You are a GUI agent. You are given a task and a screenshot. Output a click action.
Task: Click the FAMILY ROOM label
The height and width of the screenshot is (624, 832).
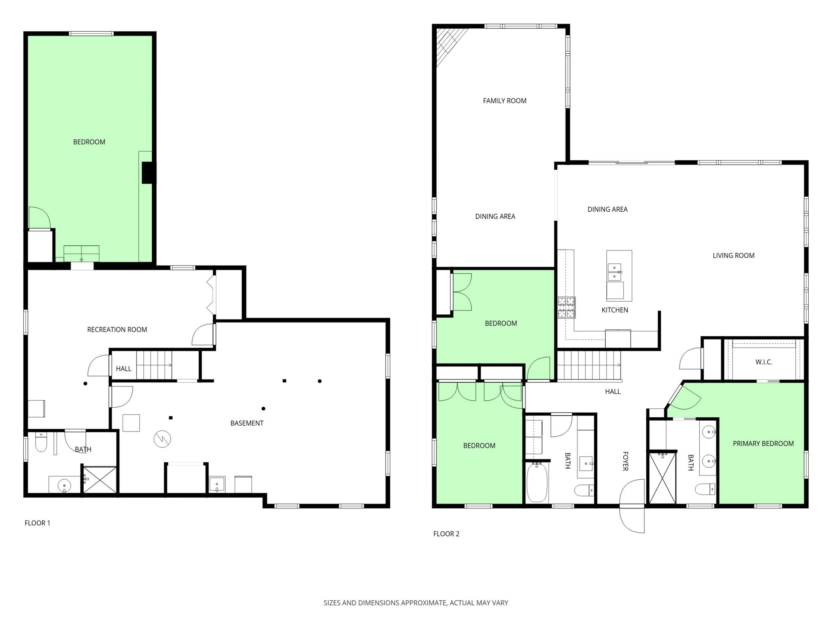pos(505,101)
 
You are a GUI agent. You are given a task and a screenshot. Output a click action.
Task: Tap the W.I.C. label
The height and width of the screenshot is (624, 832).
pos(763,362)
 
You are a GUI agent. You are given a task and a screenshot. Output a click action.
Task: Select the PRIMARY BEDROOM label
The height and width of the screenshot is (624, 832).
pos(763,444)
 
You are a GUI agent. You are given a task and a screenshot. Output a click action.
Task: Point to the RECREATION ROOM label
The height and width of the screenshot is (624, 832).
pos(117,329)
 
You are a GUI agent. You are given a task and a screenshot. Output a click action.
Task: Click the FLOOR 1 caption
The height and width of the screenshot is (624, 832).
pos(37,523)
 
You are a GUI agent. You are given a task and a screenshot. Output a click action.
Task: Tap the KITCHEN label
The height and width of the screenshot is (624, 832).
pos(615,310)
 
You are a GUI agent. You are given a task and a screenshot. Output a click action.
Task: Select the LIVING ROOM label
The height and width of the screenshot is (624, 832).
pos(733,255)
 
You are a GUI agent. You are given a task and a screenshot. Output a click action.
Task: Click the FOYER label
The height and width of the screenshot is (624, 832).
pos(625,461)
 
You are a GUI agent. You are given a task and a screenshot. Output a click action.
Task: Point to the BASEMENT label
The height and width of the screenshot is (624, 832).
pos(247,423)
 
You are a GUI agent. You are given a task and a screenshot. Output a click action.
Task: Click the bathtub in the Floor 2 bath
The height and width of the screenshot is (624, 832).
pos(537,483)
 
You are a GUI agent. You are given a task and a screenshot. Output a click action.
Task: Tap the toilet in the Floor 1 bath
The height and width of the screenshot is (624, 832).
pos(41,442)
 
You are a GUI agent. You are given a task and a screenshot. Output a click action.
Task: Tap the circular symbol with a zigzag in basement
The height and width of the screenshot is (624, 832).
pos(162,439)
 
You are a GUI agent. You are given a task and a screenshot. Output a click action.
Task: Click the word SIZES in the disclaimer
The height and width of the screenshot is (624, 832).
pos(332,603)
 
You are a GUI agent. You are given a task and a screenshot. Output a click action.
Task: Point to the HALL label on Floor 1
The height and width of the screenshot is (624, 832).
pos(123,369)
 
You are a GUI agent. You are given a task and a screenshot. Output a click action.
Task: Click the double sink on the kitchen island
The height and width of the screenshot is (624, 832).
pos(615,272)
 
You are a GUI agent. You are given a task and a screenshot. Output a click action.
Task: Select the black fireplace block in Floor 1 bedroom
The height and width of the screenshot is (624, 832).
pos(148,173)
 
